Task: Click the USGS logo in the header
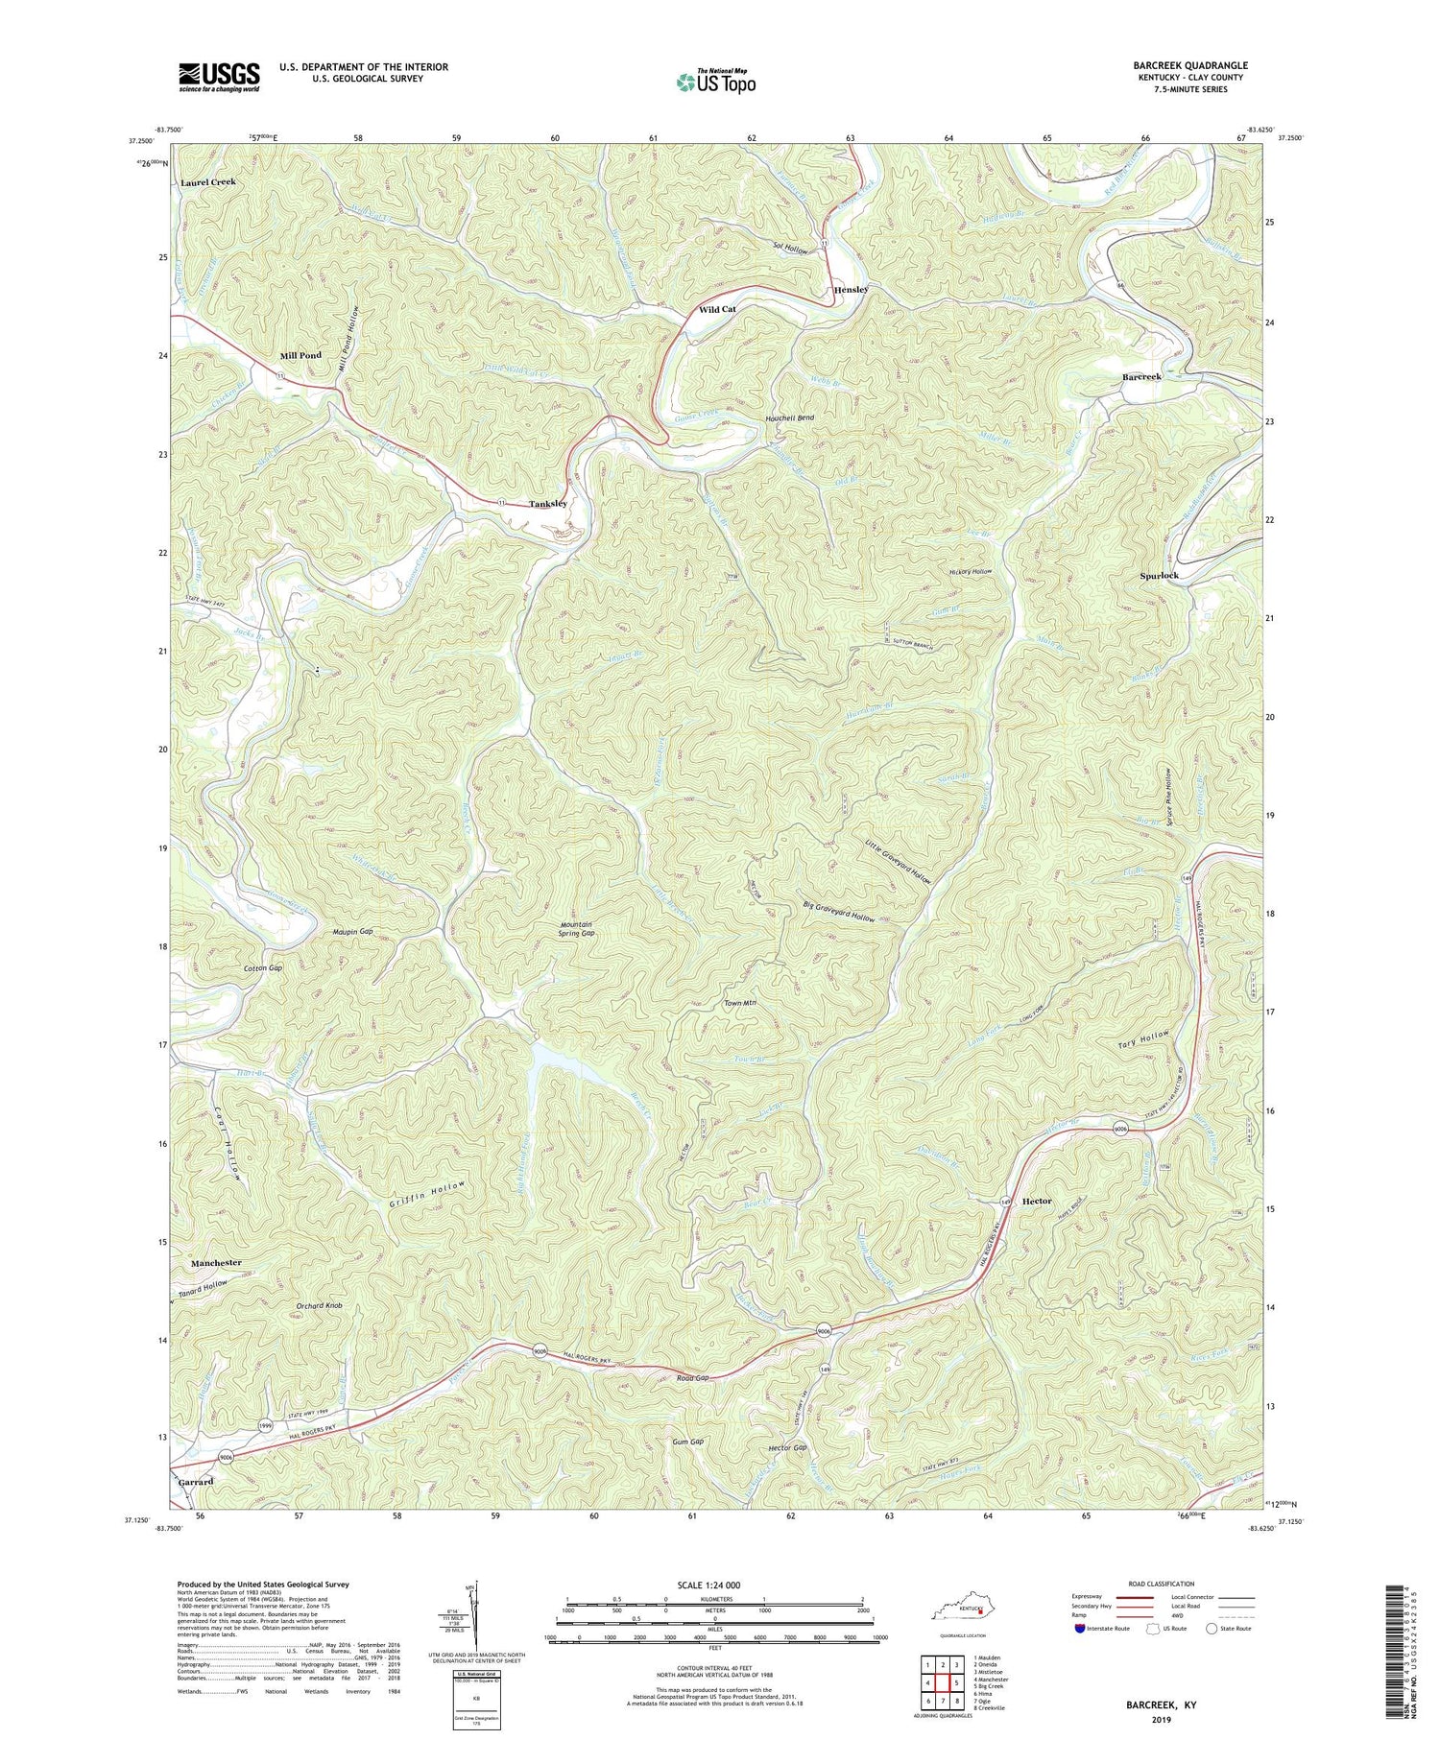pos(219,77)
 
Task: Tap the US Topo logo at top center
pos(715,82)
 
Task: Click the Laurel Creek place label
pos(205,182)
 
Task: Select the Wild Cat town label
pos(717,310)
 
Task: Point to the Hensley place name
pos(851,290)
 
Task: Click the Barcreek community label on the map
pos(1141,377)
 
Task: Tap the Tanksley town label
pos(548,504)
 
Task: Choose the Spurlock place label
pos(1159,576)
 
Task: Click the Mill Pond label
pos(300,356)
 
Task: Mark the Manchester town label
pos(216,1263)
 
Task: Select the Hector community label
pos(1037,1202)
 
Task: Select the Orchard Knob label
pos(320,1306)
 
